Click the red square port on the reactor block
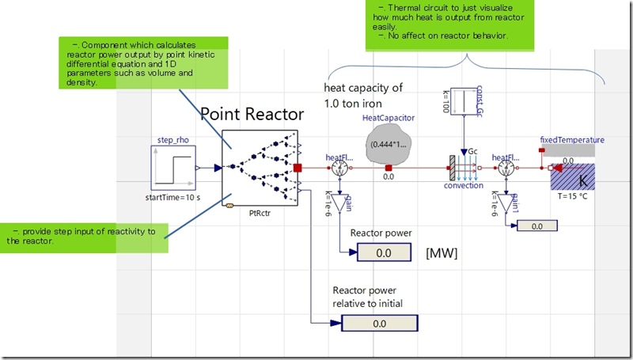pyautogui.click(x=298, y=168)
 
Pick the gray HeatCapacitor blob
pyautogui.click(x=388, y=147)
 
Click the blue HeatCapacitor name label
pyautogui.click(x=389, y=118)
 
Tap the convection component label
pyautogui.click(x=463, y=187)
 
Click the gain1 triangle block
pyautogui.click(x=507, y=204)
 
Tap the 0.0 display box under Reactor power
pyautogui.click(x=384, y=252)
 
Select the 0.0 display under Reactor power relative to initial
pyautogui.click(x=379, y=323)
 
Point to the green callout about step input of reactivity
pyautogui.click(x=85, y=236)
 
